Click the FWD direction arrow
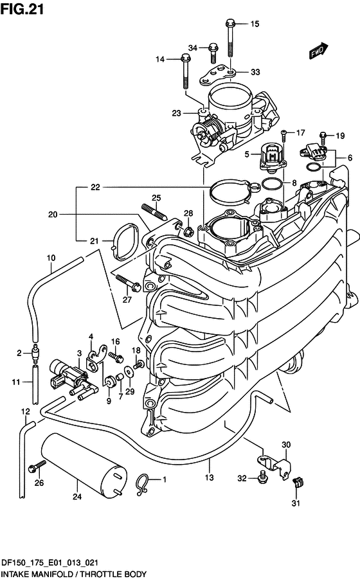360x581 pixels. click(x=318, y=51)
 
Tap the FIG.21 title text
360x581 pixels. click(x=22, y=9)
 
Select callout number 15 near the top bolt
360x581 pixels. click(x=255, y=24)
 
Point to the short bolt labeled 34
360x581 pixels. click(x=213, y=53)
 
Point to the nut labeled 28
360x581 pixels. click(x=188, y=232)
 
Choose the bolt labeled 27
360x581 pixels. click(x=128, y=282)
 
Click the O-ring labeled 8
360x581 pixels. click(x=271, y=183)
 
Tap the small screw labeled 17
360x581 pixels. click(x=284, y=136)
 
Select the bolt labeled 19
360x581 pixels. click(x=323, y=139)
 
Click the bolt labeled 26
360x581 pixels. click(x=37, y=466)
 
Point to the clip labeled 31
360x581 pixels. click(x=297, y=482)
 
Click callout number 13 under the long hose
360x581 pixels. click(x=210, y=478)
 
